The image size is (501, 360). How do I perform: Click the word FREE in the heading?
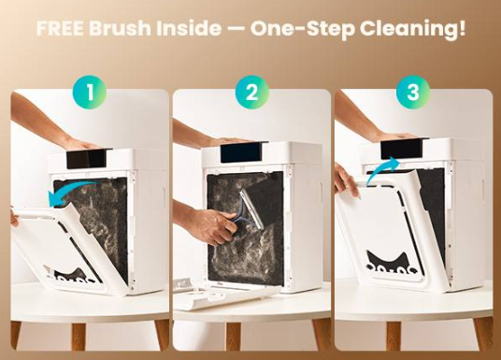click(60, 28)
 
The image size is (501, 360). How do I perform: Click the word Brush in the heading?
click(120, 28)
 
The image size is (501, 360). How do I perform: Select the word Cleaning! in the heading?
click(412, 29)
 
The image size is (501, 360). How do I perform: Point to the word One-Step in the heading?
click(302, 29)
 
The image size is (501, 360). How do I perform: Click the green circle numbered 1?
click(90, 92)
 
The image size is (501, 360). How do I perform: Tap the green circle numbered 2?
click(252, 92)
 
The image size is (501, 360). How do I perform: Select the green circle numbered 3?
click(413, 92)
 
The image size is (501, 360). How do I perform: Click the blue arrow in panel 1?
click(68, 191)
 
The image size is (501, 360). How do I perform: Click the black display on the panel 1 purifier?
click(86, 159)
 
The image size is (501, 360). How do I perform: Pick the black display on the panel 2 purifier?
click(240, 152)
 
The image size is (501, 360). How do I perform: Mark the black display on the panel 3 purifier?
click(402, 149)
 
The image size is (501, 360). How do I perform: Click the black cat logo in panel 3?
click(392, 263)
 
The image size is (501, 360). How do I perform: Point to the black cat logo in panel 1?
click(75, 277)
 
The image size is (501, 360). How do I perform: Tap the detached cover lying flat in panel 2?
click(223, 295)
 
